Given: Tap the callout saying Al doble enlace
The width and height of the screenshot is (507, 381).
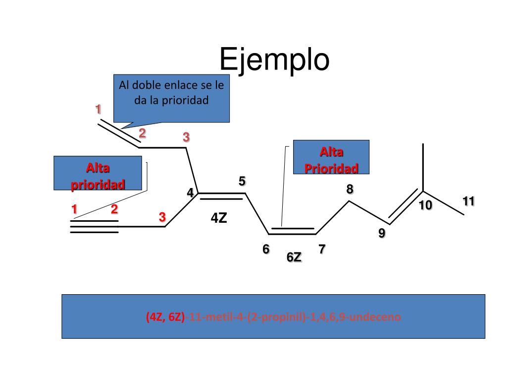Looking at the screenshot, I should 171,98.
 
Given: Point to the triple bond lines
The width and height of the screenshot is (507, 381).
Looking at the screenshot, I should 94,227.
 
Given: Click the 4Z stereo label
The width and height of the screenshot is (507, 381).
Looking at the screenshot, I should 218,218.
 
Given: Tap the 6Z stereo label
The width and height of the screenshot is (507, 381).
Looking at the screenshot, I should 294,257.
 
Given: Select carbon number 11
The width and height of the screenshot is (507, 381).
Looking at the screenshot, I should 469,201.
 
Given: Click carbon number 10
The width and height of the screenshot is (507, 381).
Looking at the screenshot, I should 425,205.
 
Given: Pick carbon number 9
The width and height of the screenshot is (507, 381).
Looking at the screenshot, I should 382,233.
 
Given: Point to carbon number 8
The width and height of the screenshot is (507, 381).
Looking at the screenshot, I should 350,189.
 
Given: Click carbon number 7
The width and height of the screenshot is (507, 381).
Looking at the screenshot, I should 322,249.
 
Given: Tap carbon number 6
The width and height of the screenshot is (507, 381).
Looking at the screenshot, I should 266,249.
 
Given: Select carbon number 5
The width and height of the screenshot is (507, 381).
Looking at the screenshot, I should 242,181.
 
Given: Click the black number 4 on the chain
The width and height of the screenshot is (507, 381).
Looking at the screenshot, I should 190,192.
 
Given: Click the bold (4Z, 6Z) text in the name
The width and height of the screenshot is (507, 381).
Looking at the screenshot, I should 165,317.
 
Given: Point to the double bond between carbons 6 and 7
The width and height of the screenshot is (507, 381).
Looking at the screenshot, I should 293,231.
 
